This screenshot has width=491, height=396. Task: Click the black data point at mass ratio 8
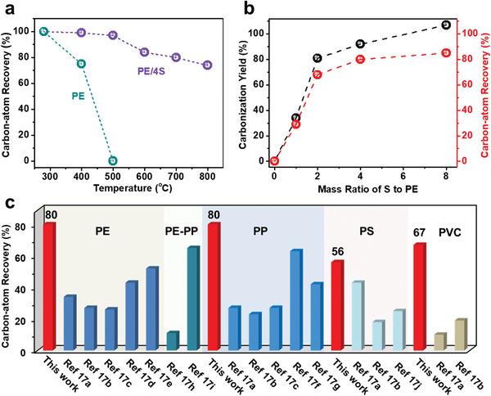[445, 25]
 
